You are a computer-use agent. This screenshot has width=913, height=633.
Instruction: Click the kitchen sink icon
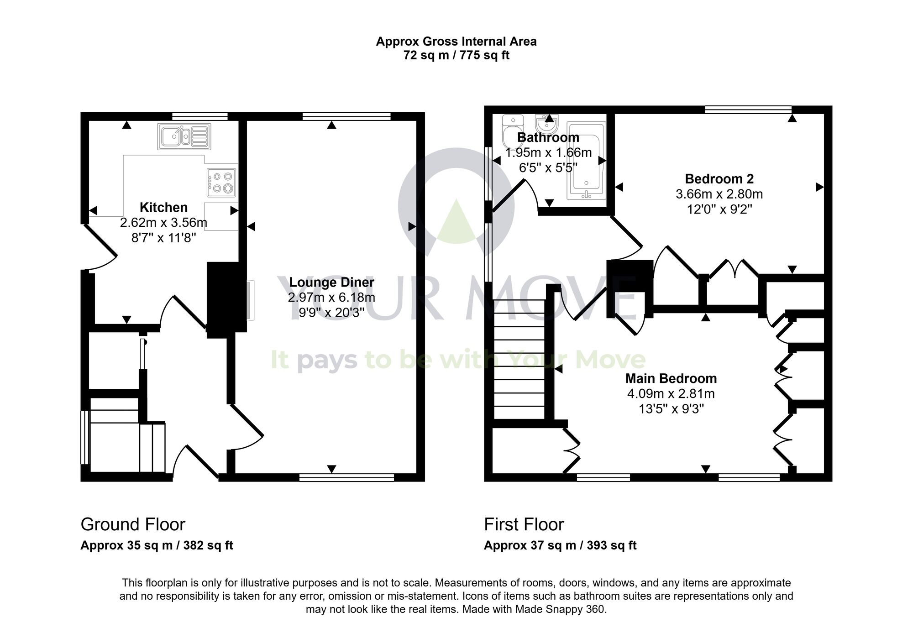[184, 136]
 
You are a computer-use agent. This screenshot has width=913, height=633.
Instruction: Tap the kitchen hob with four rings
[221, 182]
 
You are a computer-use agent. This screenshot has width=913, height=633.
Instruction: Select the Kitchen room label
[163, 207]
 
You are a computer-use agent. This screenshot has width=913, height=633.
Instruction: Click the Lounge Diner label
[331, 282]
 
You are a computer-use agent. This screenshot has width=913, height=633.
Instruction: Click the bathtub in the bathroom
[586, 161]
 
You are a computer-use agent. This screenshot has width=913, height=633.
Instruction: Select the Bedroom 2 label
[719, 178]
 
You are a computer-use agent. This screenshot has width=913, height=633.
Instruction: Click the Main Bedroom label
[671, 378]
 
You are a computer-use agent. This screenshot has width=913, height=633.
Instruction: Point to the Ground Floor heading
[133, 524]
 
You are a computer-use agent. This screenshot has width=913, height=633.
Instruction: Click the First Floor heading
[524, 524]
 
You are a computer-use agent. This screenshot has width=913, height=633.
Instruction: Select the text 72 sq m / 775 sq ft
[456, 56]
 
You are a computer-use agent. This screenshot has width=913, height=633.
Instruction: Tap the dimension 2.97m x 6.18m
[331, 298]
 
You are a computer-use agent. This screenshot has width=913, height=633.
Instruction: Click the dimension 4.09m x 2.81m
[671, 393]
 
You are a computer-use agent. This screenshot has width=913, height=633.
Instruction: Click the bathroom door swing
[516, 196]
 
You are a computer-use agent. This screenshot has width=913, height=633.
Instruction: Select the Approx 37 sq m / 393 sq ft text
[560, 545]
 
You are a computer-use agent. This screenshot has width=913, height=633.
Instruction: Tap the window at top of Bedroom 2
[748, 110]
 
